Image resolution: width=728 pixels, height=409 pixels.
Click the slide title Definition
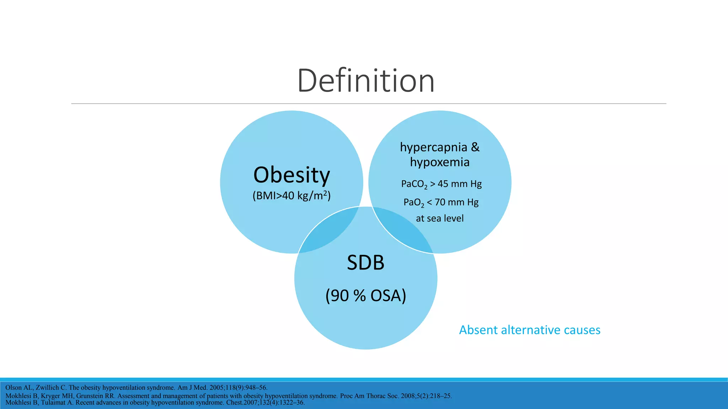(366, 81)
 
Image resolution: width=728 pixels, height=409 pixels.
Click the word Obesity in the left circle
(291, 175)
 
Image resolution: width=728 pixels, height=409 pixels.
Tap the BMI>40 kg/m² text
(291, 196)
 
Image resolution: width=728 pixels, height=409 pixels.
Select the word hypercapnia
(433, 147)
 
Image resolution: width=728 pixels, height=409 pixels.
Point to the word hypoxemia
(440, 162)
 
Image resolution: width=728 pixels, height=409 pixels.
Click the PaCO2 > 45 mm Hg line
(441, 184)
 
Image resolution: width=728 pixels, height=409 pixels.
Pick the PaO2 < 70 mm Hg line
(441, 202)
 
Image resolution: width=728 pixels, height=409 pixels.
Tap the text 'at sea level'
(440, 218)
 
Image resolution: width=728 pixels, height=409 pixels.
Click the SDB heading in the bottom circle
(365, 263)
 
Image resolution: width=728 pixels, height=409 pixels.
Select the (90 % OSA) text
(365, 296)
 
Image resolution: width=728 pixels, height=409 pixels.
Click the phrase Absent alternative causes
(530, 330)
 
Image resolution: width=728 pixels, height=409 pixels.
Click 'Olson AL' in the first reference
(20, 388)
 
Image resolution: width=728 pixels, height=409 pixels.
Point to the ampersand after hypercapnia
(475, 147)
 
